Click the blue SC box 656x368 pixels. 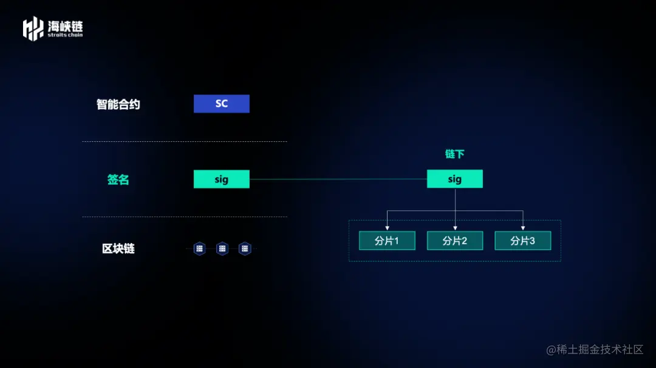(221, 104)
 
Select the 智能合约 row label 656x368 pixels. (118, 104)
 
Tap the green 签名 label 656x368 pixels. (118, 179)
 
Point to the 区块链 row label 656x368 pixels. (118, 249)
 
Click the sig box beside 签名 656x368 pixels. (221, 179)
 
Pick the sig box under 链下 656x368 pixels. (454, 179)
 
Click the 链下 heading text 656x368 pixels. (454, 154)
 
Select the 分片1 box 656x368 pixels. (387, 241)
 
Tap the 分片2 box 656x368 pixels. (454, 241)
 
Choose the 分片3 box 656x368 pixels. (522, 241)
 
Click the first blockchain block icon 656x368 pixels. (200, 249)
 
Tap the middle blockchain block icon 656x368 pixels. (222, 249)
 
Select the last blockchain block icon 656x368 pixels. (245, 249)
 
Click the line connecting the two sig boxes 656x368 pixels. (338, 179)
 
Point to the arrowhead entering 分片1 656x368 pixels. (387, 228)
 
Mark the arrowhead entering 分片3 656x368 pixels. (522, 228)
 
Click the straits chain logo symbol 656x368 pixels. (33, 29)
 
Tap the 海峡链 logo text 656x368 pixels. (65, 26)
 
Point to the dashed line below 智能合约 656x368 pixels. (184, 142)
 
